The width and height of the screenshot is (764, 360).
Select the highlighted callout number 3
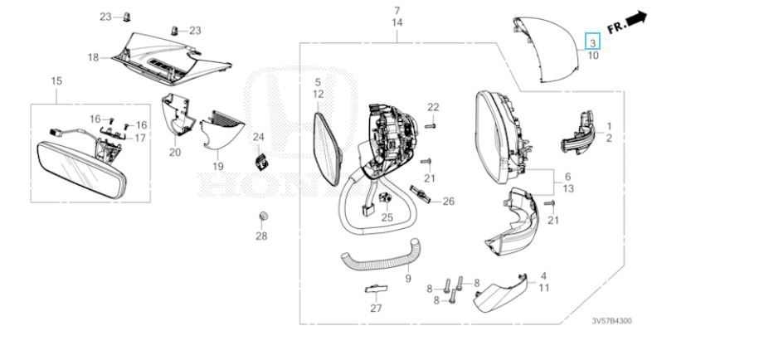(x=592, y=41)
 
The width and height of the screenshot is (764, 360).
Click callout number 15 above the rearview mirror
(x=56, y=80)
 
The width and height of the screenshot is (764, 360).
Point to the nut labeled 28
(x=261, y=217)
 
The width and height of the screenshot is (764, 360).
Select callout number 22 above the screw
(x=433, y=107)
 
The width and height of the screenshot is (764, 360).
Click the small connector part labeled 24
(x=261, y=161)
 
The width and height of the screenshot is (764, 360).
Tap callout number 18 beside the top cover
(x=93, y=57)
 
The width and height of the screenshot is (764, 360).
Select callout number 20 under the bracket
(x=174, y=153)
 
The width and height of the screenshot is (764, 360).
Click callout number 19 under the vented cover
(x=217, y=166)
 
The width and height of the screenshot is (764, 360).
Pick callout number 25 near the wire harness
(x=387, y=217)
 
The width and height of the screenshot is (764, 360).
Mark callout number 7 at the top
(x=397, y=11)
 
